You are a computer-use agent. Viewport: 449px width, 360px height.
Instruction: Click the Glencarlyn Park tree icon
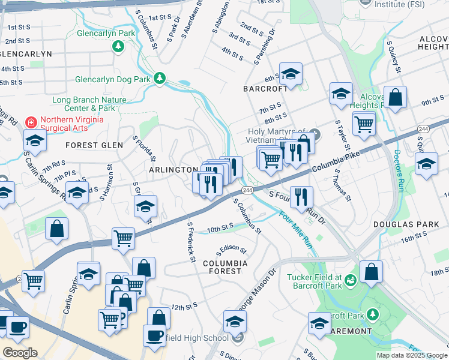pyautogui.click(x=119, y=46)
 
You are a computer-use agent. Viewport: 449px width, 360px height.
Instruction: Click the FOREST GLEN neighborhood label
pyautogui.click(x=94, y=145)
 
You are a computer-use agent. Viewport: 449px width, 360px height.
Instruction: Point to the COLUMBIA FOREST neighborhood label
pyautogui.click(x=225, y=267)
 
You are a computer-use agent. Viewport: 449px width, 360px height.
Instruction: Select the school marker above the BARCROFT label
pyautogui.click(x=291, y=74)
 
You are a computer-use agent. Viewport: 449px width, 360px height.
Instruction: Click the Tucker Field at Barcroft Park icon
pyautogui.click(x=350, y=278)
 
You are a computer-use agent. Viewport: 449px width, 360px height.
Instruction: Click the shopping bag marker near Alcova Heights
pyautogui.click(x=396, y=97)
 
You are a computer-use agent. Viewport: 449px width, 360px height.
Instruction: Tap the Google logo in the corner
pyautogui.click(x=20, y=353)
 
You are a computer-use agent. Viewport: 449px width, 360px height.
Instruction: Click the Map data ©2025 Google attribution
pyautogui.click(x=411, y=355)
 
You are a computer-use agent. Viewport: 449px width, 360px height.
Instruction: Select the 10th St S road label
pyautogui.click(x=220, y=228)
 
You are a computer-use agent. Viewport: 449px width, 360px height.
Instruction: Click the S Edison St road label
pyautogui.click(x=231, y=248)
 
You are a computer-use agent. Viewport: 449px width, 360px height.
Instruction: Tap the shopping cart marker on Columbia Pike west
pyautogui.click(x=124, y=238)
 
